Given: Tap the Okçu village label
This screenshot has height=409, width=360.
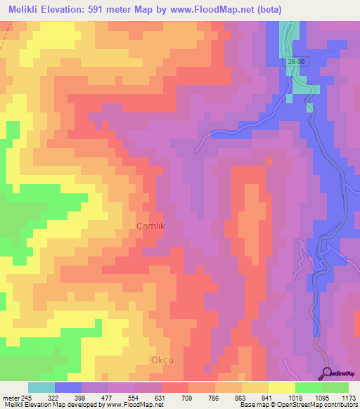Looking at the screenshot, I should [162, 360].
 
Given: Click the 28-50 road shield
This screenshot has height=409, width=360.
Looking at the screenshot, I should [296, 63].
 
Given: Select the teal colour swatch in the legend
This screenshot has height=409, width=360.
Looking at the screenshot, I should [41, 387].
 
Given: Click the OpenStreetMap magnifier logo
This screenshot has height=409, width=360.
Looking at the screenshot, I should [327, 372].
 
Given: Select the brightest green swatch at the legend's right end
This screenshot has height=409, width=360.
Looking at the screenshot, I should [335, 387].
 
